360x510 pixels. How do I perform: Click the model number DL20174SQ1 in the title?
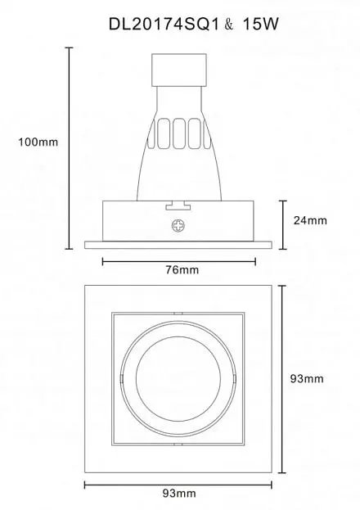coord(164,24)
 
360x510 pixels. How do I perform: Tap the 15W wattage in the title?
coord(261,24)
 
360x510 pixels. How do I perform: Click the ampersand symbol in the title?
coord(229,25)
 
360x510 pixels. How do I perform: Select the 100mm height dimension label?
coord(38,142)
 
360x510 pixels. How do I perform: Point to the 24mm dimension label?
coord(310,220)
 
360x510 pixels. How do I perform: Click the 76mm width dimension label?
coord(182,269)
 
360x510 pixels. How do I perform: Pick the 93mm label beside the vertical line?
coord(307,378)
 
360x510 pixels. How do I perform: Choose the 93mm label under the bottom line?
coord(179,494)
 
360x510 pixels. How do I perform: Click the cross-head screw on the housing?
coord(178,226)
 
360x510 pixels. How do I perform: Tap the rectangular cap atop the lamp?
coord(179,70)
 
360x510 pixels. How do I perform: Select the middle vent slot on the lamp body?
coord(179,133)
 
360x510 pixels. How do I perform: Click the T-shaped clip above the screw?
coord(178,205)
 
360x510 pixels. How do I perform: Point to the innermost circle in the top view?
coord(178,378)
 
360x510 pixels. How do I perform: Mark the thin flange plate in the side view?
coord(178,245)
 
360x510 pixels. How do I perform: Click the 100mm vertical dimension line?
coord(69,148)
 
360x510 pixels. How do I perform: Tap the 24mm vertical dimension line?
coord(283,225)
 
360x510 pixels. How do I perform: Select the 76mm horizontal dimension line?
coord(179,261)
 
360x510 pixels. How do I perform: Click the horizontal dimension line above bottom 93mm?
coord(178,485)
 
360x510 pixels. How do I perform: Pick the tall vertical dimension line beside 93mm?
coord(282,379)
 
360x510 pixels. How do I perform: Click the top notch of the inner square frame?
coord(178,314)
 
